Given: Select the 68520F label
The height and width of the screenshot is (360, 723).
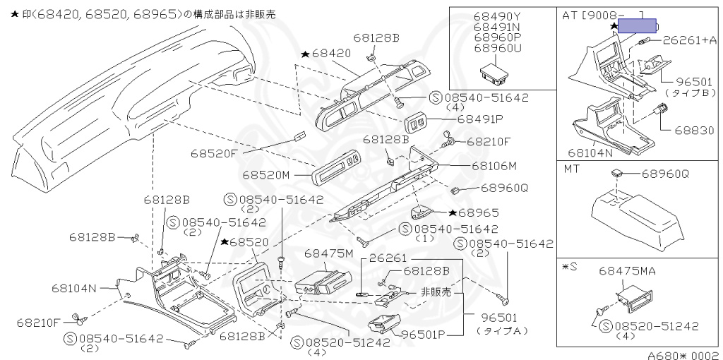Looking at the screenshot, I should point(213,152).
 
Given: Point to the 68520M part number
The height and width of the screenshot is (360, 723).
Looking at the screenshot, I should point(266,174).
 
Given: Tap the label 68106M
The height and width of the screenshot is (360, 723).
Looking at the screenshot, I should point(494,166).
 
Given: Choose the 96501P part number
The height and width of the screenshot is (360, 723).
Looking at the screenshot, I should point(424,334).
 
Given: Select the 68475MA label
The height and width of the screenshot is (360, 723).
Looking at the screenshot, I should point(628,270).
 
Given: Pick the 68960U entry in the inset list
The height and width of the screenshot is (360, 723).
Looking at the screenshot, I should point(498,48).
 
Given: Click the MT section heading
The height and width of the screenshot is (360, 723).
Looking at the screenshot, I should point(571,169).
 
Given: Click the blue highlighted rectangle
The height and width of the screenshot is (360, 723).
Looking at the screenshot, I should point(638,26).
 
